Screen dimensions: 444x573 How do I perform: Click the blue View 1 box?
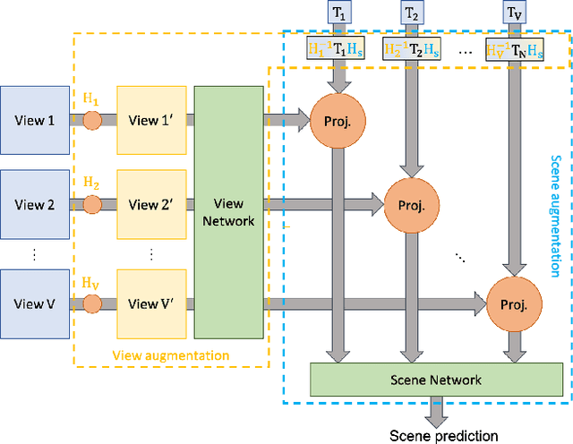coord(35,120)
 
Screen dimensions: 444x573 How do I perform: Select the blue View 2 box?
coord(35,204)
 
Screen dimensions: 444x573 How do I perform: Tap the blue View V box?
coord(35,303)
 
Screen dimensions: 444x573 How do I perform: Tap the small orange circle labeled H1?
coord(92,121)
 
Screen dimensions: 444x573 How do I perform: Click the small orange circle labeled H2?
coord(92,205)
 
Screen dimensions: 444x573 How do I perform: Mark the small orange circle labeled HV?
coord(92,303)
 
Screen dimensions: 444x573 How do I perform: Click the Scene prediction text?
coord(443,435)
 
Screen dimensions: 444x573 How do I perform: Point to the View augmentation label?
coord(170,354)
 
